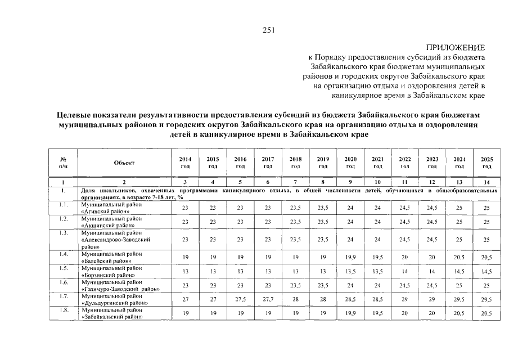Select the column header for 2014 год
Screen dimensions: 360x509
pos(185,163)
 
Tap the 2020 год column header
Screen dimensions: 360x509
pos(350,163)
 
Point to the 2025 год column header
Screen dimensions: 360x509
pos(487,163)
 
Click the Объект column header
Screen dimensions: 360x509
pos(124,163)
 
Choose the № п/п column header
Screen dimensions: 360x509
pos(62,163)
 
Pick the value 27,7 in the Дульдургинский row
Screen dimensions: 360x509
pos(268,299)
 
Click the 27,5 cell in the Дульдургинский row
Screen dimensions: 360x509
pos(240,299)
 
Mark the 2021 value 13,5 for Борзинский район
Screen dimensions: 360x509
pos(378,271)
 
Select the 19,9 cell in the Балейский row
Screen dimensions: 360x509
pos(350,257)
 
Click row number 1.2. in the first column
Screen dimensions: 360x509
pos(63,218)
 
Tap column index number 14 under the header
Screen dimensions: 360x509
pos(487,182)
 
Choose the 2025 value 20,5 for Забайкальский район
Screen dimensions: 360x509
pos(487,313)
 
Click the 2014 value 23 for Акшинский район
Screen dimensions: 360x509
pos(185,222)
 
